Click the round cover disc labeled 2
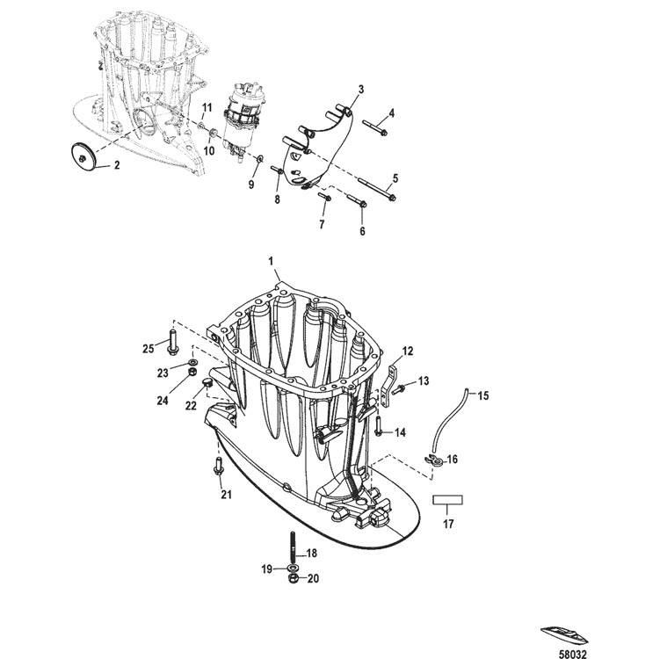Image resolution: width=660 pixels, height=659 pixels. pyautogui.click(x=83, y=156)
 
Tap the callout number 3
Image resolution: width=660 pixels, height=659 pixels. pyautogui.click(x=360, y=90)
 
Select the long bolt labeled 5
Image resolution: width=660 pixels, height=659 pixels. pyautogui.click(x=377, y=189)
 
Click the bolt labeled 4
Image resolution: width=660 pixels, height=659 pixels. pyautogui.click(x=375, y=127)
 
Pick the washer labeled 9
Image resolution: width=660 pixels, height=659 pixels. pyautogui.click(x=260, y=159)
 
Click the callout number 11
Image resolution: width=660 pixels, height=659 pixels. pyautogui.click(x=207, y=108)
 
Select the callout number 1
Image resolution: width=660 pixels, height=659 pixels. pyautogui.click(x=271, y=261)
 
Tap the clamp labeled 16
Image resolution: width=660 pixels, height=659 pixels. pyautogui.click(x=436, y=461)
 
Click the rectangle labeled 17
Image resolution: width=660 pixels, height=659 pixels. pyautogui.click(x=448, y=499)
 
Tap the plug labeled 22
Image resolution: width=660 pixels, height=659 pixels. pyautogui.click(x=207, y=382)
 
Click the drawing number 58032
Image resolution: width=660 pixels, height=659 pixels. pyautogui.click(x=572, y=654)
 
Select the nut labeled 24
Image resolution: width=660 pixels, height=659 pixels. pyautogui.click(x=192, y=372)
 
